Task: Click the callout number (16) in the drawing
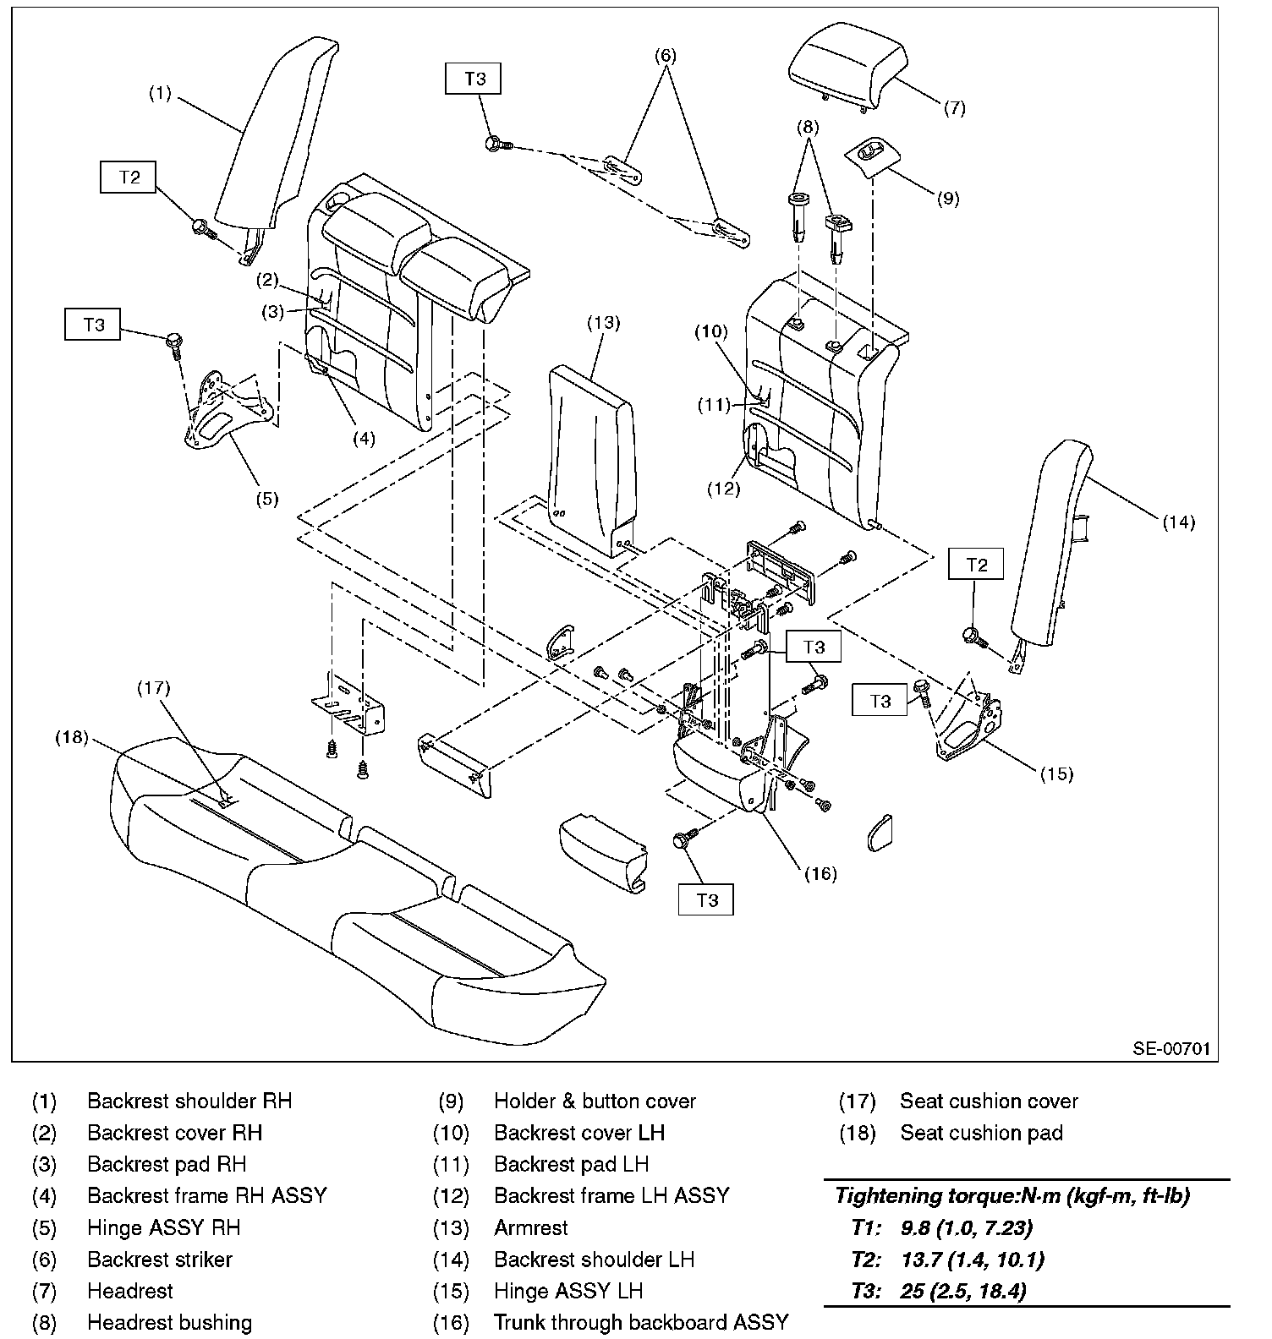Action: coord(818,873)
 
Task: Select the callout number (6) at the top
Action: coord(666,56)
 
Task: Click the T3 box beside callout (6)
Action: coord(474,79)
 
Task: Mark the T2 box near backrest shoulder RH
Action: coord(129,177)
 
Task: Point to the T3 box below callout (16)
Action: coord(706,901)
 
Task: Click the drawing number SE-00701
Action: coord(1172,1049)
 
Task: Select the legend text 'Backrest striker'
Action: coord(160,1260)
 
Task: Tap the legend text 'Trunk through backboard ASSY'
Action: coord(641,1322)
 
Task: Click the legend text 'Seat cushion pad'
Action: coord(981,1133)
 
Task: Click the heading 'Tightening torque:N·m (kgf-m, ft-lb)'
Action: coord(1012,1195)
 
